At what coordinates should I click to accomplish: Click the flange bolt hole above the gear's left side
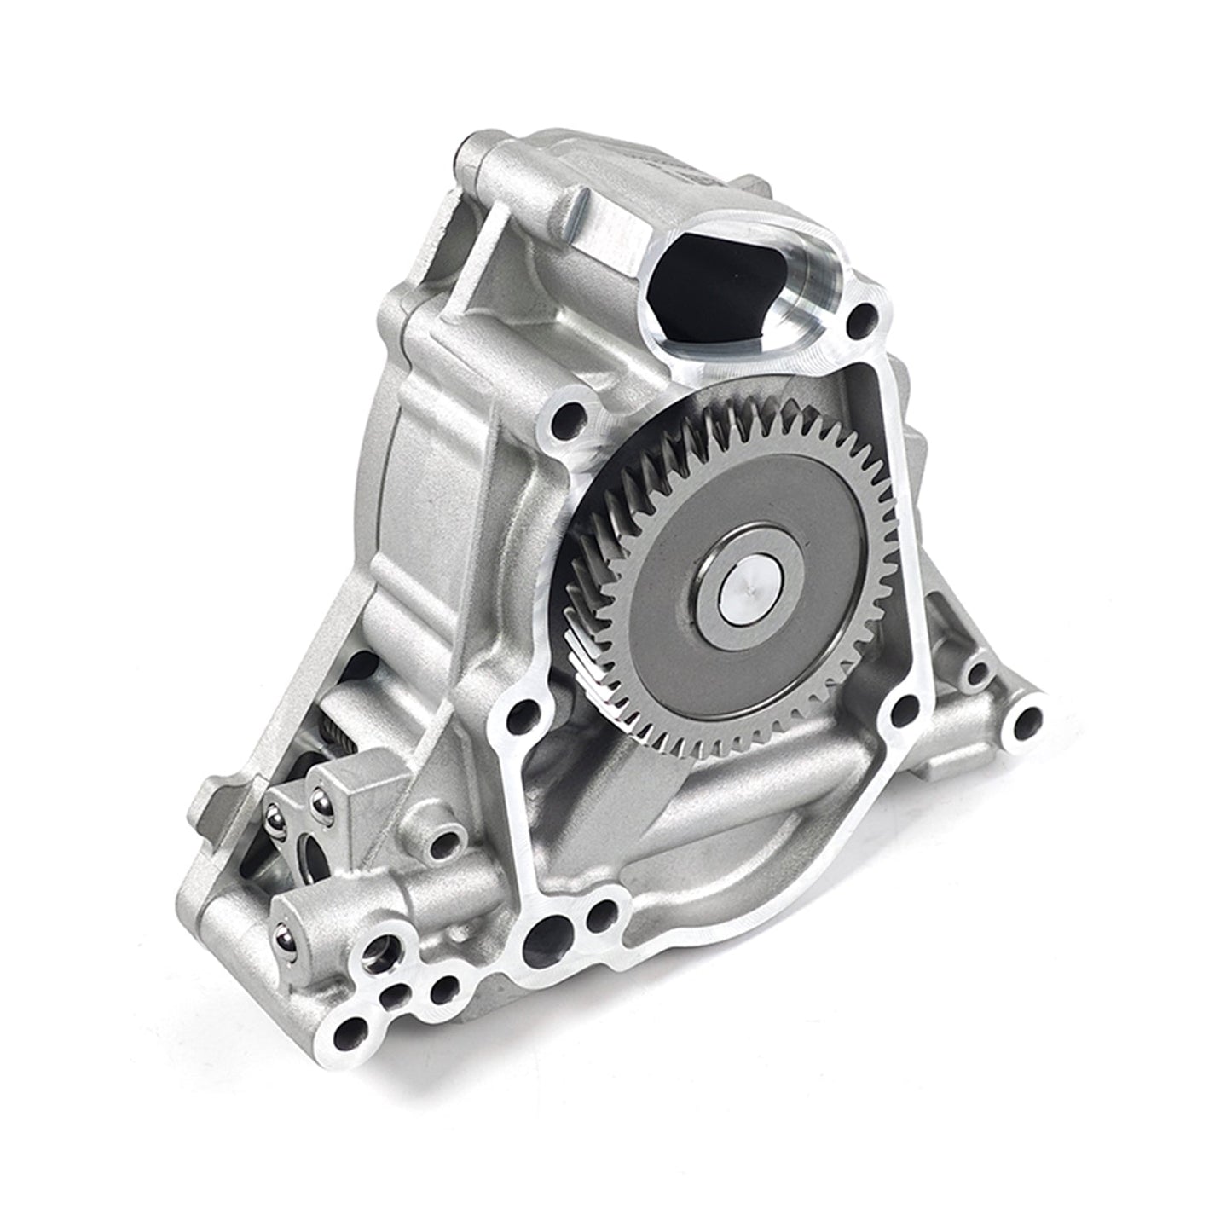566,418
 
